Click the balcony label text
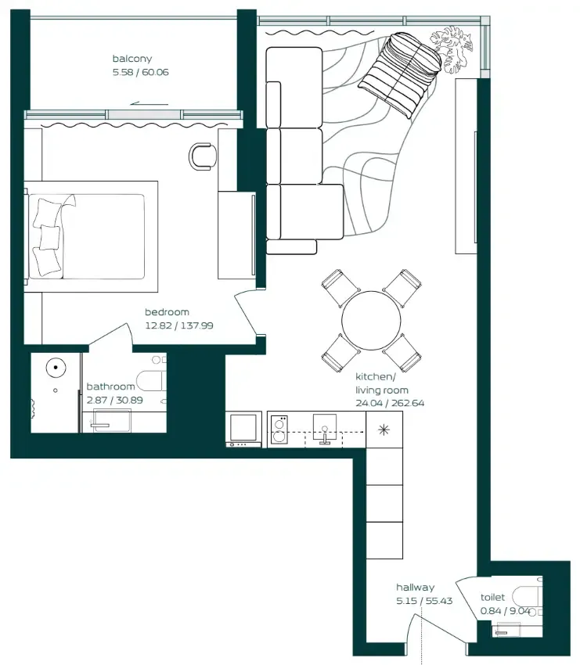pos(132,59)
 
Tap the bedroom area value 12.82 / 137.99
pos(179,325)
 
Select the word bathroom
pos(110,386)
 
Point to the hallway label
pos(416,588)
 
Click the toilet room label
pos(492,597)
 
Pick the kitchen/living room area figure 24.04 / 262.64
pos(390,403)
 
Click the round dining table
pos(371,321)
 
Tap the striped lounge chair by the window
pos(400,74)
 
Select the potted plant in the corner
pos(451,49)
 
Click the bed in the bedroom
pos(92,236)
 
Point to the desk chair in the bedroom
pos(202,156)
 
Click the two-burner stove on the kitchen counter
pos(279,430)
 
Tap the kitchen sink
pos(325,429)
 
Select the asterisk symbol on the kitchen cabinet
pos(384,430)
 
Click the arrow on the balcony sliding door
pos(150,103)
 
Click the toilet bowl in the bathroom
pos(153,381)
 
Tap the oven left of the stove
pos(243,430)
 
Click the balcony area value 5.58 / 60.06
pos(141,72)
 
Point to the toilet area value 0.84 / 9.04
pos(506,611)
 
